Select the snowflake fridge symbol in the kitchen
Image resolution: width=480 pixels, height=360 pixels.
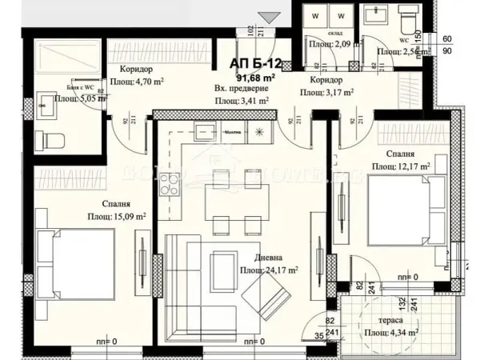click(x=258, y=132)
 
